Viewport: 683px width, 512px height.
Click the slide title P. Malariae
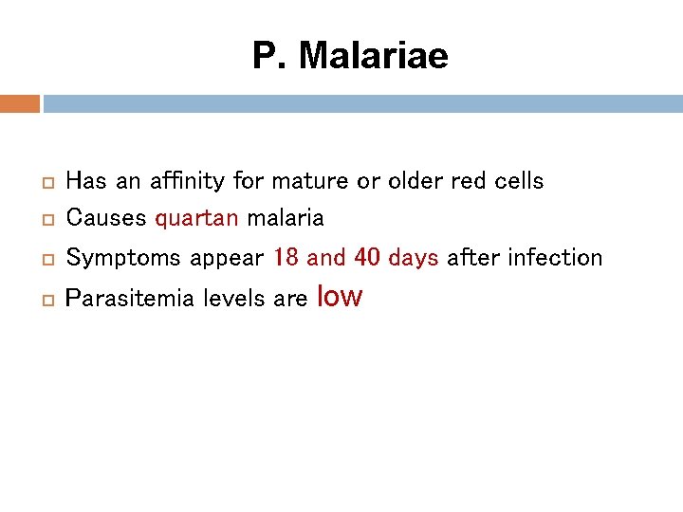(x=350, y=56)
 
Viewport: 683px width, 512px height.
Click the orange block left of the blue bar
(x=19, y=103)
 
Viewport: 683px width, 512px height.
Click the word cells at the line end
(x=517, y=180)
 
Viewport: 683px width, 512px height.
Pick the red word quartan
(x=196, y=219)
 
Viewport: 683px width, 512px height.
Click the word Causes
(x=106, y=218)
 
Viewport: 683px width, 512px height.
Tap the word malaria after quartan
(x=286, y=218)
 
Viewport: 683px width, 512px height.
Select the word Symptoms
(x=123, y=258)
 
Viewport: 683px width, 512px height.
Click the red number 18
(x=286, y=257)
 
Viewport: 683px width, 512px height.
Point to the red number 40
(x=367, y=257)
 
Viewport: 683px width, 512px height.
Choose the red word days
(x=414, y=258)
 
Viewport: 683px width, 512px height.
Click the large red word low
(x=340, y=296)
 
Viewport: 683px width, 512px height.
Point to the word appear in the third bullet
(x=226, y=259)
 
